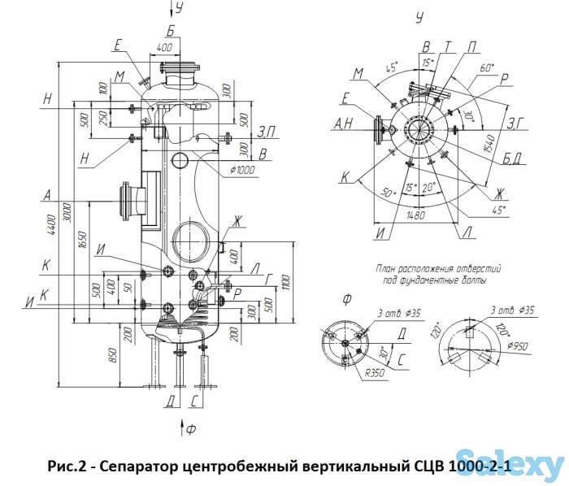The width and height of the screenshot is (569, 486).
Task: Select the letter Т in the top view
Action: click(x=448, y=47)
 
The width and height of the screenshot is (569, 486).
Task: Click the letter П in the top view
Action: click(x=474, y=47)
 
